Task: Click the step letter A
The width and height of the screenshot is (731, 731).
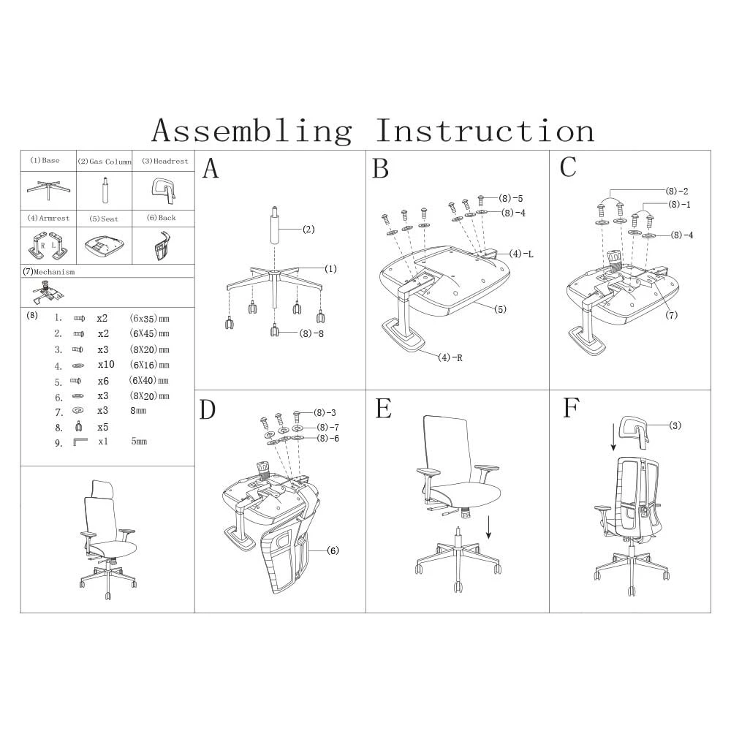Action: click(211, 169)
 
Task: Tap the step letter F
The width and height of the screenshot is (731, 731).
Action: click(571, 409)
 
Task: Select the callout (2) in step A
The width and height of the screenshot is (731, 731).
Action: click(308, 230)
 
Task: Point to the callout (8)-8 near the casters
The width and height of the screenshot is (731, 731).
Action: click(311, 333)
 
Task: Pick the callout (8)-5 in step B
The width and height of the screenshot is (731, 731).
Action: click(511, 198)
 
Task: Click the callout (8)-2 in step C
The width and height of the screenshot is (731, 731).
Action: click(677, 191)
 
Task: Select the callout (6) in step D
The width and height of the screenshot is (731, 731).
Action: click(333, 550)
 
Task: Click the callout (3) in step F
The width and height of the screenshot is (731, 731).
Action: click(675, 425)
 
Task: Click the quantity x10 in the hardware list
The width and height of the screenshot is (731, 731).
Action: click(107, 365)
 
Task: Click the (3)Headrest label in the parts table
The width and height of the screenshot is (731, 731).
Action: click(164, 161)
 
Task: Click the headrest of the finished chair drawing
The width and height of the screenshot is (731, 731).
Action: click(101, 488)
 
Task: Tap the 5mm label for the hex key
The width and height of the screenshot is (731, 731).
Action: click(139, 442)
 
